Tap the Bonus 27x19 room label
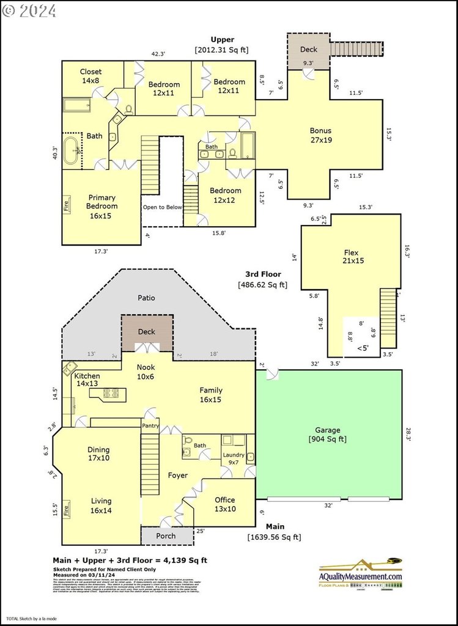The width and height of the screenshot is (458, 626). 320,134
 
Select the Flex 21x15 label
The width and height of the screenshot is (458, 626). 350,256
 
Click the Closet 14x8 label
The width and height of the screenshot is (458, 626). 90,76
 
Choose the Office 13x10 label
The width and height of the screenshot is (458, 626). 224,504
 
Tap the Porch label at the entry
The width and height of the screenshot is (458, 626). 166,536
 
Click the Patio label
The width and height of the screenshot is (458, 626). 146,298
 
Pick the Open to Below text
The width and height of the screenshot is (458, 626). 163,207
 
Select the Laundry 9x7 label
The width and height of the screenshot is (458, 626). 234,458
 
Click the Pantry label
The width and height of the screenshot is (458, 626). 150,425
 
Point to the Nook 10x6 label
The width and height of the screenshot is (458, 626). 146,372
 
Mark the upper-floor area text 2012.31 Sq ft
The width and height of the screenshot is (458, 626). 221,50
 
